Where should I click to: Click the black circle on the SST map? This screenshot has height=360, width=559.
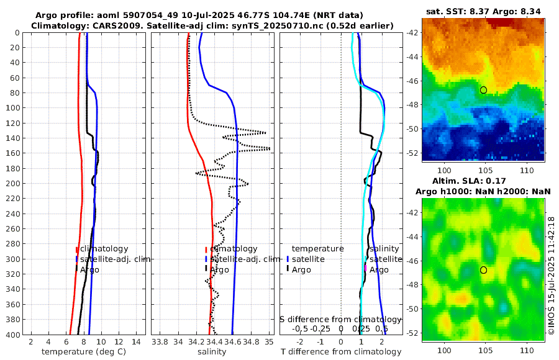[483, 90]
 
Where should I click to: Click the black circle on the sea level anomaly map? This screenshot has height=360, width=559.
[483, 270]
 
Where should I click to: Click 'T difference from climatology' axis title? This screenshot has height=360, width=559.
[341, 352]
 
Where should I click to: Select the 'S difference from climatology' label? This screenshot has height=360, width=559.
[340, 319]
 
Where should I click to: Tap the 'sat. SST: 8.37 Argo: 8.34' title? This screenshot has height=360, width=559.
[483, 11]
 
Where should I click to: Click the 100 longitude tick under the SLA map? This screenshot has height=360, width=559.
[445, 350]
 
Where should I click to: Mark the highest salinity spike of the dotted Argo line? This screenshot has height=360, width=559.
[269, 148]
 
